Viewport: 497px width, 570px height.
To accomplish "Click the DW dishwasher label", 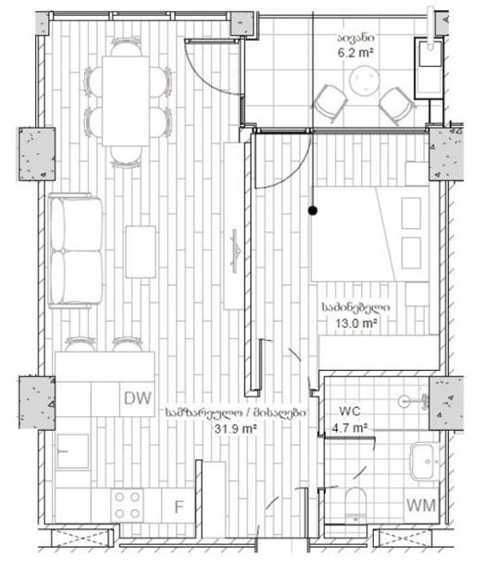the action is [137, 399].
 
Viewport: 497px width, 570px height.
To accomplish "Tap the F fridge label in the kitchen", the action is [179, 507].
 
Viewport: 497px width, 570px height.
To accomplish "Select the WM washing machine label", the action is [421, 505].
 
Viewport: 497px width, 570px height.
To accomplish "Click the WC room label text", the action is [350, 412].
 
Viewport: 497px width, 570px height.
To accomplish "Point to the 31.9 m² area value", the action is [235, 428].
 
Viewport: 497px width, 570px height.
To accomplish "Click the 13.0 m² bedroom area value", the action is [356, 323].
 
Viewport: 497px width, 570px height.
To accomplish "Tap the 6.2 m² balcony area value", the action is [355, 53].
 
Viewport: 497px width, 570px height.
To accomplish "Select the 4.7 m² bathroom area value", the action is [350, 427].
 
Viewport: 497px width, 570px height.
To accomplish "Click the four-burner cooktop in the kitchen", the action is [127, 505].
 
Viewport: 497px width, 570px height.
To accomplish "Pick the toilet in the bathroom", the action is [355, 504].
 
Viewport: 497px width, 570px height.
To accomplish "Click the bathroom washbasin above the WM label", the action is [422, 462].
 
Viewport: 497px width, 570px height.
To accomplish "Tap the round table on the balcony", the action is [364, 81].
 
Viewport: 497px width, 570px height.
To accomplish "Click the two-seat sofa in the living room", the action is [76, 251].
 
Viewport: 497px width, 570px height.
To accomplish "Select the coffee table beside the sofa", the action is [141, 252].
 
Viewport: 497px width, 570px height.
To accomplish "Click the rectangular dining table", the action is [126, 101].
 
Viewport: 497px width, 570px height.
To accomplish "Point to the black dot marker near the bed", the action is [313, 210].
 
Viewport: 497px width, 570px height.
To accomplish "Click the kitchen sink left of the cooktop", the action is [72, 451].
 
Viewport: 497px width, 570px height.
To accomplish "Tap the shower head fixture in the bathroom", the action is [414, 401].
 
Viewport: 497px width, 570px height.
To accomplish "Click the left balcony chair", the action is [329, 102].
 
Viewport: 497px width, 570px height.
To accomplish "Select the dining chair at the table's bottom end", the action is [126, 157].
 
